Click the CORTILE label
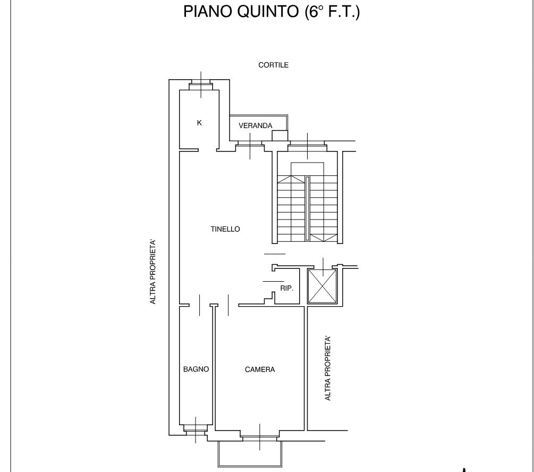coord(273,65)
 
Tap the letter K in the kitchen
coord(199,123)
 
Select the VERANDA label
coord(256,126)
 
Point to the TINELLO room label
coord(225,229)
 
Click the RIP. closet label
coord(286,288)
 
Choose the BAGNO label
coord(196,369)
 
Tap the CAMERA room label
coord(260,369)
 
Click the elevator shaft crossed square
coord(322,286)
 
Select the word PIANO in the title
coord(207,12)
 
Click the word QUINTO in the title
coord(268,12)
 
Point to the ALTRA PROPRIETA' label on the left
coord(152,272)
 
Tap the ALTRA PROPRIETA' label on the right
coord(328,368)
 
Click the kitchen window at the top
coord(201,85)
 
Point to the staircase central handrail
coord(307,208)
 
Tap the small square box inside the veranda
coord(279,136)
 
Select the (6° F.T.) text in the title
coord(332,12)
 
